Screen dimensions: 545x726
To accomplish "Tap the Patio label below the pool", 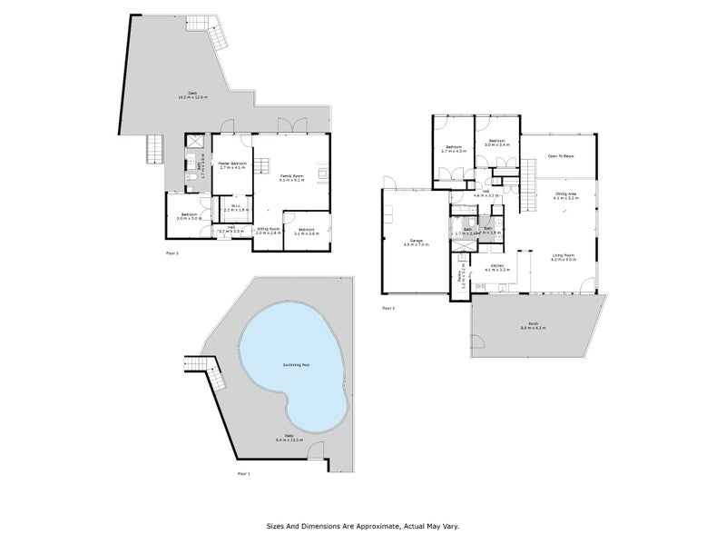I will (x=288, y=439).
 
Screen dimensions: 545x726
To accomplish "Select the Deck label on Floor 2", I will (x=192, y=94).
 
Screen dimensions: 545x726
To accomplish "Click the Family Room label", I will (x=290, y=177).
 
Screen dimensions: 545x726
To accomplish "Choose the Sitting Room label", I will (x=267, y=232).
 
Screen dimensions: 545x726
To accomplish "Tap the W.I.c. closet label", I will (x=235, y=208).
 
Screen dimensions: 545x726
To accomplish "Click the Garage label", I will (x=417, y=243).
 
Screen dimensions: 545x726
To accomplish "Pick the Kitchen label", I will (x=494, y=267).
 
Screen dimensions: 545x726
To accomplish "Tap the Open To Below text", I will (x=560, y=156).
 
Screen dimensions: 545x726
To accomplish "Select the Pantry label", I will (x=463, y=276).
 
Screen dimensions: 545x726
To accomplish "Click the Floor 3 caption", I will (x=388, y=309).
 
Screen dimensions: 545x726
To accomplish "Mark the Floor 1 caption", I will (x=243, y=473).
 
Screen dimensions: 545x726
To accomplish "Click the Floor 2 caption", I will (x=172, y=252).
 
